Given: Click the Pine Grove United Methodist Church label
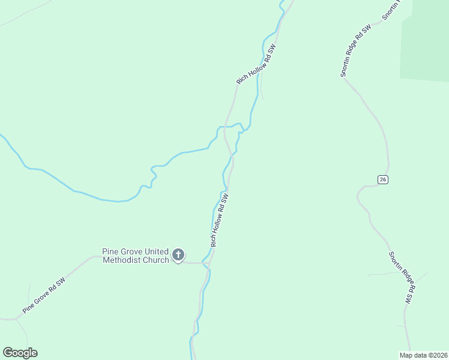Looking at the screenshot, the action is point(136,256).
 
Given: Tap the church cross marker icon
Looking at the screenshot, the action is point(178,255).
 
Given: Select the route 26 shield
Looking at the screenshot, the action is point(383,179).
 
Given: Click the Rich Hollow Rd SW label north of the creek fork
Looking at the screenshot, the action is point(256,64).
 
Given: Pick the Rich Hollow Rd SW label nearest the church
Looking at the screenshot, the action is point(220,220).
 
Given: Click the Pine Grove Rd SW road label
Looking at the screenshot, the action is point(44,296).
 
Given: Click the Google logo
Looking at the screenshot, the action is point(20,353).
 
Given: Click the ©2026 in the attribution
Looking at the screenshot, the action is point(437,355).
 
